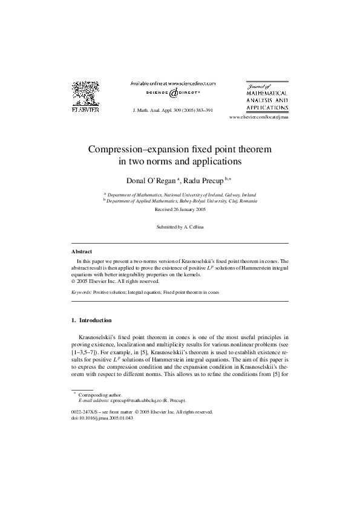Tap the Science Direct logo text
tap(174, 93)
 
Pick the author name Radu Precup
tap(203, 180)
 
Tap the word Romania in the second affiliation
tap(244, 201)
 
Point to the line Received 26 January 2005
tap(180, 209)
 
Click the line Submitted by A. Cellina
tap(180, 227)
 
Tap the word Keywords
tap(81, 292)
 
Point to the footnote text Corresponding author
tap(100, 394)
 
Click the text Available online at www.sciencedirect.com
tap(173, 83)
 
